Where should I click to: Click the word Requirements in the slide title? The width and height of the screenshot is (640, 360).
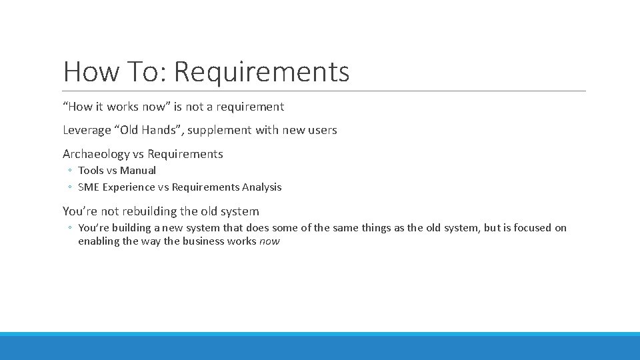pyautogui.click(x=262, y=72)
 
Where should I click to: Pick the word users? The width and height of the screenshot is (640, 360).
pyautogui.click(x=323, y=130)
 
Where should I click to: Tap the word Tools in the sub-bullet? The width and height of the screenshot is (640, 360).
pyautogui.click(x=91, y=171)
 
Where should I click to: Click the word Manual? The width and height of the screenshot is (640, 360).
pyautogui.click(x=138, y=171)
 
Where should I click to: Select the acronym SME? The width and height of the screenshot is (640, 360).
pyautogui.click(x=89, y=187)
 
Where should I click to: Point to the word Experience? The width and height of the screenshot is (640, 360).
pyautogui.click(x=129, y=187)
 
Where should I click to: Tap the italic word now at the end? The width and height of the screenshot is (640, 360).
pyautogui.click(x=269, y=241)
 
